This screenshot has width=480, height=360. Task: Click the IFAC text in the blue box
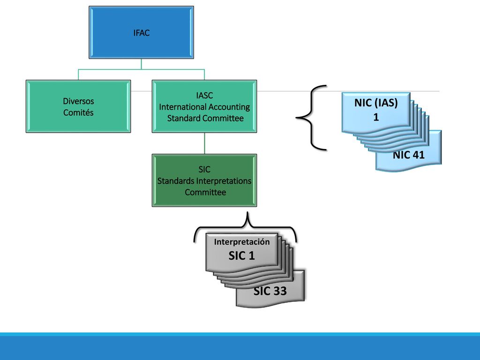coord(142,33)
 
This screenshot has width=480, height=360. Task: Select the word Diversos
coord(78,101)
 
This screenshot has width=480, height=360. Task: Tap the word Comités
coord(78,112)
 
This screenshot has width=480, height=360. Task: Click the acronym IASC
coord(204,96)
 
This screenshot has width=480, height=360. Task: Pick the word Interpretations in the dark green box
coord(224,181)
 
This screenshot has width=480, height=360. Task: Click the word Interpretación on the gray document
coord(242,242)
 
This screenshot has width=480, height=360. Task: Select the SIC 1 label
coord(241,255)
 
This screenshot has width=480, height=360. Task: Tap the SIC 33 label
coord(270,291)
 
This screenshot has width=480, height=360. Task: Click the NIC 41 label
coord(409,155)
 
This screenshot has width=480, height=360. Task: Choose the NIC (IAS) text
coord(376,103)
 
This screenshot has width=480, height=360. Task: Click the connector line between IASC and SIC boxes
coord(204,143)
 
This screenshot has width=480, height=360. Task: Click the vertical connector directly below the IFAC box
coord(141,64)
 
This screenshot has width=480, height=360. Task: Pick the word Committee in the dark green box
coord(205,192)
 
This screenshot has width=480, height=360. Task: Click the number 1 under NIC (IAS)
coord(376,117)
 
